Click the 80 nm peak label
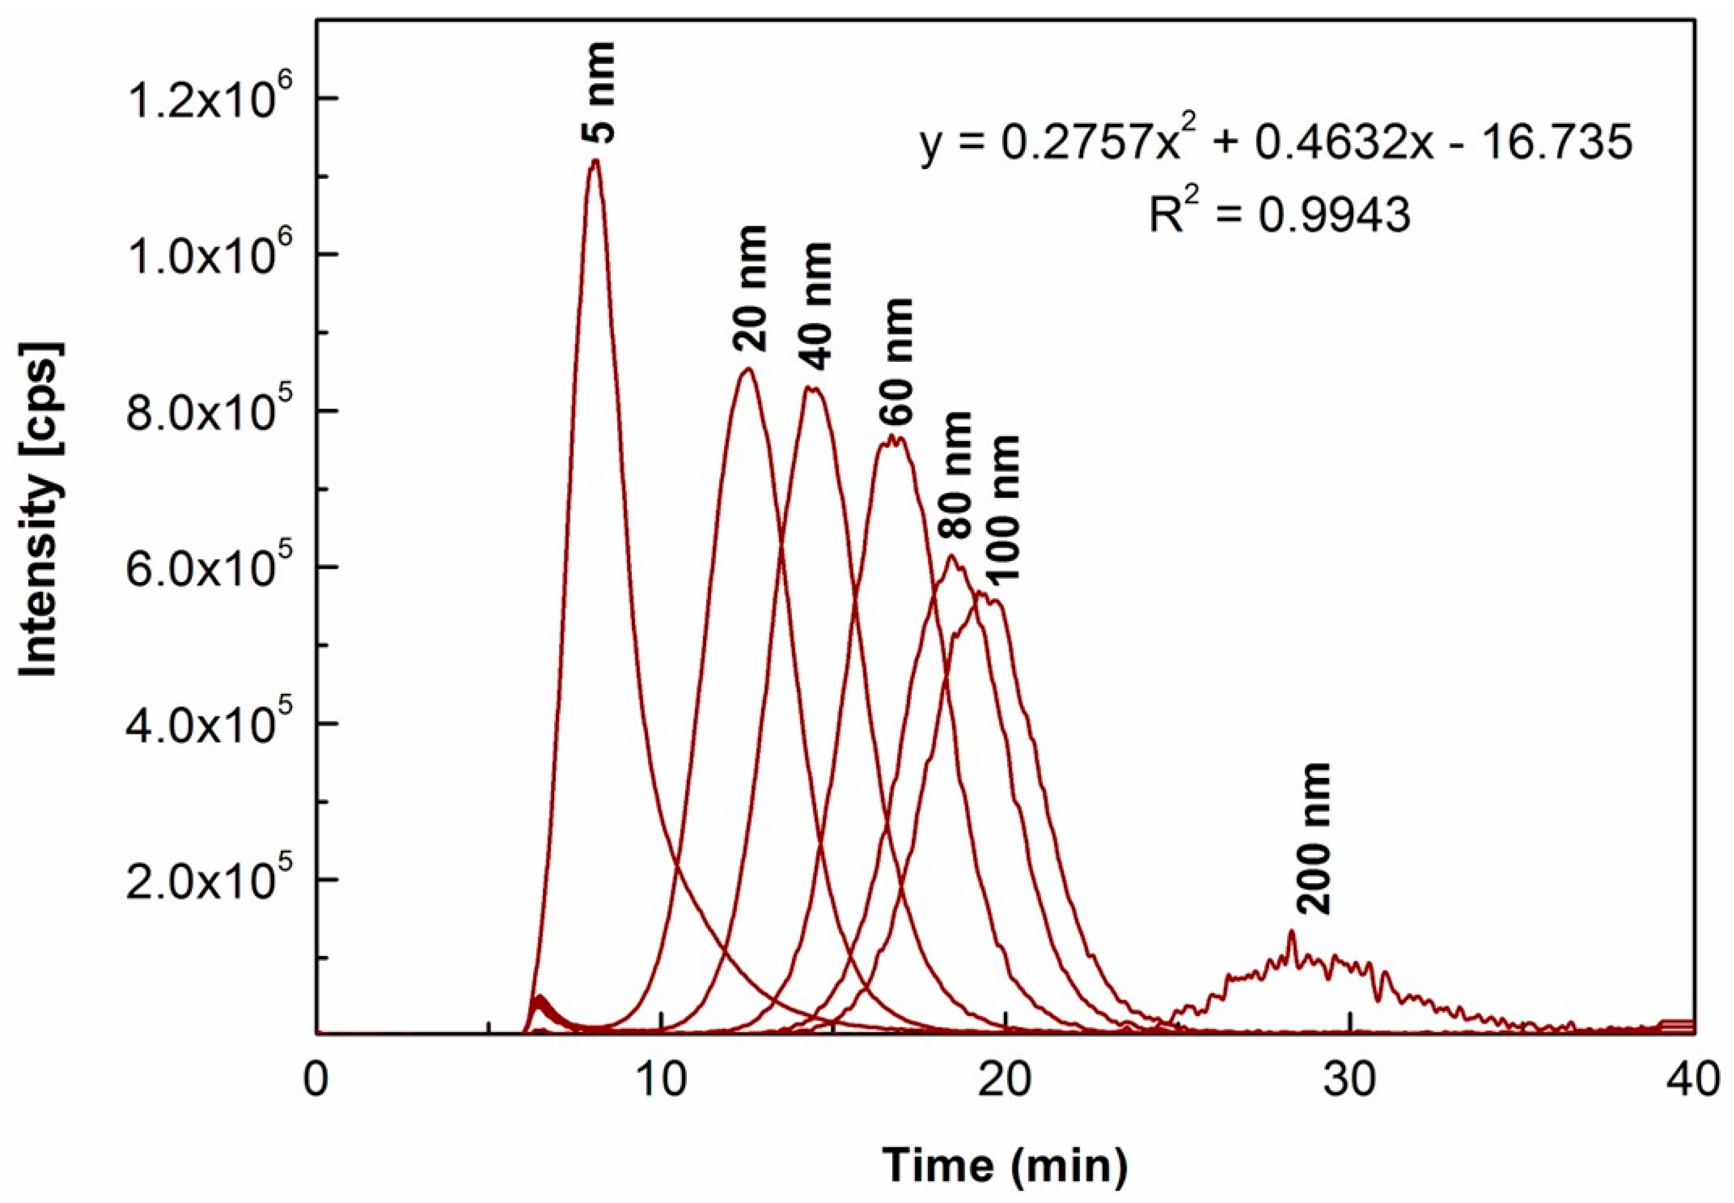click(x=956, y=475)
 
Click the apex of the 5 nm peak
click(x=595, y=160)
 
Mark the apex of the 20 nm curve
click(x=747, y=370)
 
